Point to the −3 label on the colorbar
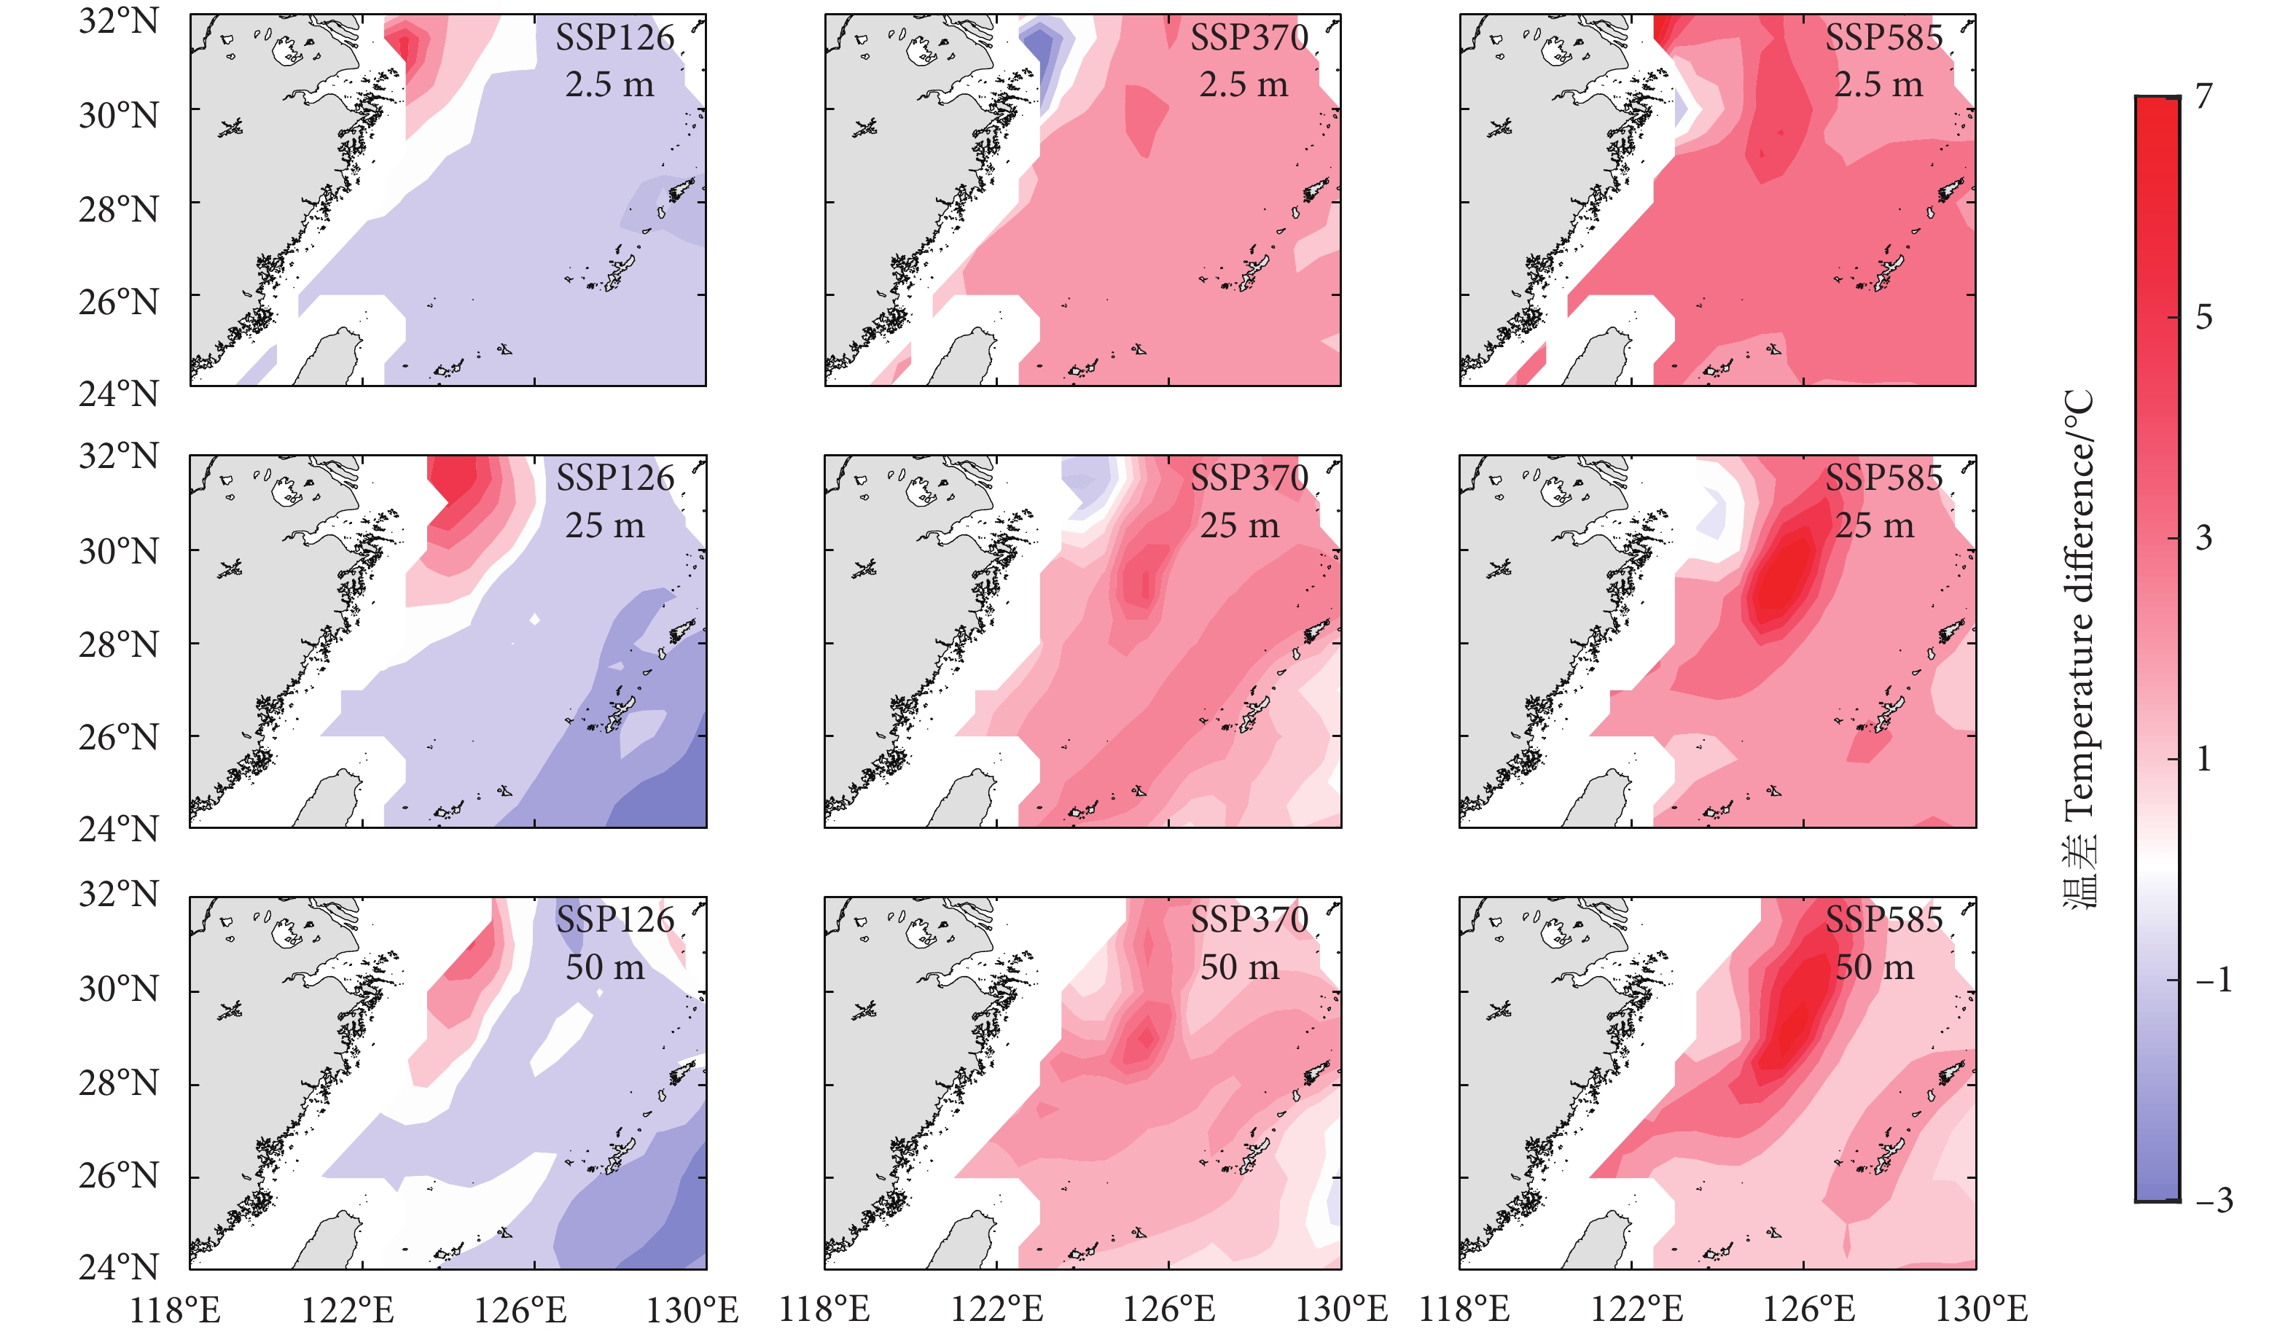[2213, 1201]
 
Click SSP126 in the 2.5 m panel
[615, 39]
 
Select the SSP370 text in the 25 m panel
[1249, 478]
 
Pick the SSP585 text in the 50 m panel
[1883, 919]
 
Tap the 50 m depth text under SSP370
[1239, 967]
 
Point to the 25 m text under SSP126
[604, 526]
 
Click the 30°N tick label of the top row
[118, 116]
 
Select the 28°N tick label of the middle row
[118, 645]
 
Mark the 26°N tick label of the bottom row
[118, 1176]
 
